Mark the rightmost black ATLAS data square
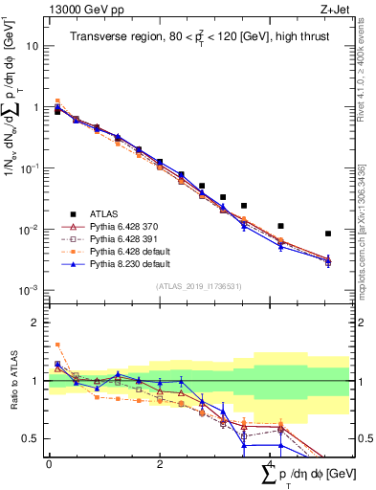pyautogui.click(x=328, y=234)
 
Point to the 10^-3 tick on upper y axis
pyautogui.click(x=29, y=290)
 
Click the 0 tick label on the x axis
pyautogui.click(x=49, y=463)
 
